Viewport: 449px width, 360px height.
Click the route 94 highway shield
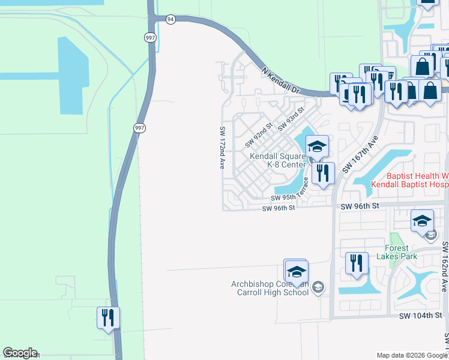(x=171, y=19)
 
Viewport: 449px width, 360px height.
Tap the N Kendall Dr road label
(x=280, y=79)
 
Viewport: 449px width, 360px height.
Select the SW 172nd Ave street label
(x=222, y=147)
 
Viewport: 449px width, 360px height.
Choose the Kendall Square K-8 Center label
(x=279, y=160)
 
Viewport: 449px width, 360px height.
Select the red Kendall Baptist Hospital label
(x=409, y=180)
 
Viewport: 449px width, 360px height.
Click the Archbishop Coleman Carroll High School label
(x=270, y=288)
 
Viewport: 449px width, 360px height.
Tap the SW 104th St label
(x=424, y=315)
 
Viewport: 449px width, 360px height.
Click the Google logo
(x=20, y=353)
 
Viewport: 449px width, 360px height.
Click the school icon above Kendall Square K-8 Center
(x=317, y=146)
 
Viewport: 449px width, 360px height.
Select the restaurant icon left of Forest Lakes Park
(x=357, y=263)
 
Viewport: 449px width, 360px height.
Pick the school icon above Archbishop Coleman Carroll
(x=296, y=269)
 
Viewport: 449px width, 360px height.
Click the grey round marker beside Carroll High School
(x=318, y=288)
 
